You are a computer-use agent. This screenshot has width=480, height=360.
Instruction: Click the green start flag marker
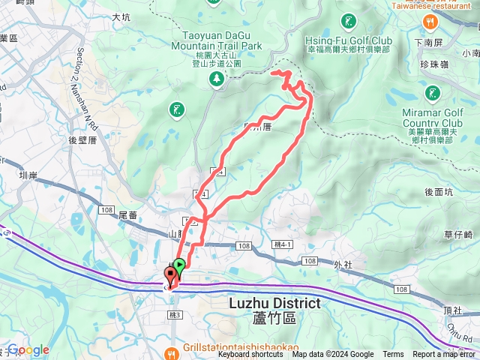(x=178, y=265)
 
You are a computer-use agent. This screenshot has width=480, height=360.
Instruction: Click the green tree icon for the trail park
(x=216, y=77)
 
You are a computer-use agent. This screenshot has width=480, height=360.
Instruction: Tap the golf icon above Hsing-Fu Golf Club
(x=349, y=21)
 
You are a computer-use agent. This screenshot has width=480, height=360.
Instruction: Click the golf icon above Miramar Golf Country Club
(x=432, y=93)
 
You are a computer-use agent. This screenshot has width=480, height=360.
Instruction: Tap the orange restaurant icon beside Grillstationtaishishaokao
(x=172, y=351)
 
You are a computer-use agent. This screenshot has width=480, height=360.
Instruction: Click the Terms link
(x=393, y=355)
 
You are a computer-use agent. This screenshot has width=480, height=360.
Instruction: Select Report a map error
(x=444, y=355)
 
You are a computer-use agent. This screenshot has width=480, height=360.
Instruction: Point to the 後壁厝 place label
(x=82, y=139)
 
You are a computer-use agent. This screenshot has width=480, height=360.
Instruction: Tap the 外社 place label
(x=343, y=264)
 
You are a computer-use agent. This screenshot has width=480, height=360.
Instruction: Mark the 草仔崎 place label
(x=457, y=235)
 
